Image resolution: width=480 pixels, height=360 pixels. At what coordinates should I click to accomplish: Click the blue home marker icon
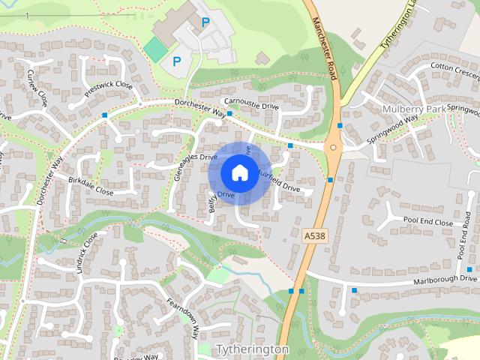pyautogui.click(x=239, y=172)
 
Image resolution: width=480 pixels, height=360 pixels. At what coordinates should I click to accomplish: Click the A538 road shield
pyautogui.click(x=316, y=235)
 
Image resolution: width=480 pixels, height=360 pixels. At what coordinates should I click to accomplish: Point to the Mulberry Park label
pyautogui.click(x=412, y=109)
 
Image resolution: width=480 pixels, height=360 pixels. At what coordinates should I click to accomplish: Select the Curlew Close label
pyautogui.click(x=37, y=88)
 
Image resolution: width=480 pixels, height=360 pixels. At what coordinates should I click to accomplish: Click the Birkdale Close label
pyautogui.click(x=91, y=185)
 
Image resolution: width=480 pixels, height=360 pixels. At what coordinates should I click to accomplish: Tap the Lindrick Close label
pyautogui.click(x=88, y=252)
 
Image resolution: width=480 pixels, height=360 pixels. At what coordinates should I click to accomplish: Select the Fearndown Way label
pyautogui.click(x=182, y=318)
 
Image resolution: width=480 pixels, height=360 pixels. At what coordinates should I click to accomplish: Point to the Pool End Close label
pyautogui.click(x=427, y=223)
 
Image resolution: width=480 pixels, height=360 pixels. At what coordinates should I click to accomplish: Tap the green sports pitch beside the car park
pyautogui.click(x=156, y=50)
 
